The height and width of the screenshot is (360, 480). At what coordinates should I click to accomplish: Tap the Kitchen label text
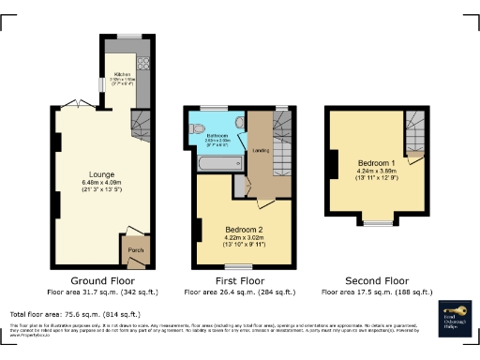[x=122, y=74]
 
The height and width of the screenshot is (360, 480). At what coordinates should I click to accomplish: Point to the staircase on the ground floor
[x=139, y=122]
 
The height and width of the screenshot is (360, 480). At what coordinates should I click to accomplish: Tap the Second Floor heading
[x=378, y=280]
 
